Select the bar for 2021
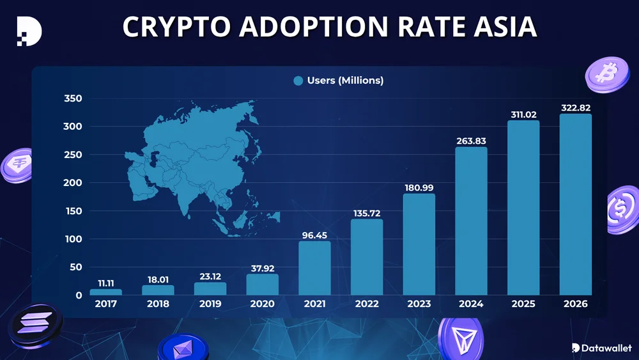(x=314, y=268)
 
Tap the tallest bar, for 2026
(x=576, y=205)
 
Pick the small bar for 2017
(x=105, y=292)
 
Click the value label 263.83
(x=471, y=141)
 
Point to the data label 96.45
(x=314, y=235)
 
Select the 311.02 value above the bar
(x=523, y=114)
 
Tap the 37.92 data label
(x=262, y=268)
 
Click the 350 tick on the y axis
(x=73, y=98)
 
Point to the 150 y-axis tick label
(x=73, y=211)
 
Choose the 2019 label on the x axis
(x=210, y=304)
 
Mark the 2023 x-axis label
(x=419, y=304)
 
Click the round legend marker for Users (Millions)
(x=298, y=81)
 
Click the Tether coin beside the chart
(x=17, y=166)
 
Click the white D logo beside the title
(x=29, y=30)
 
